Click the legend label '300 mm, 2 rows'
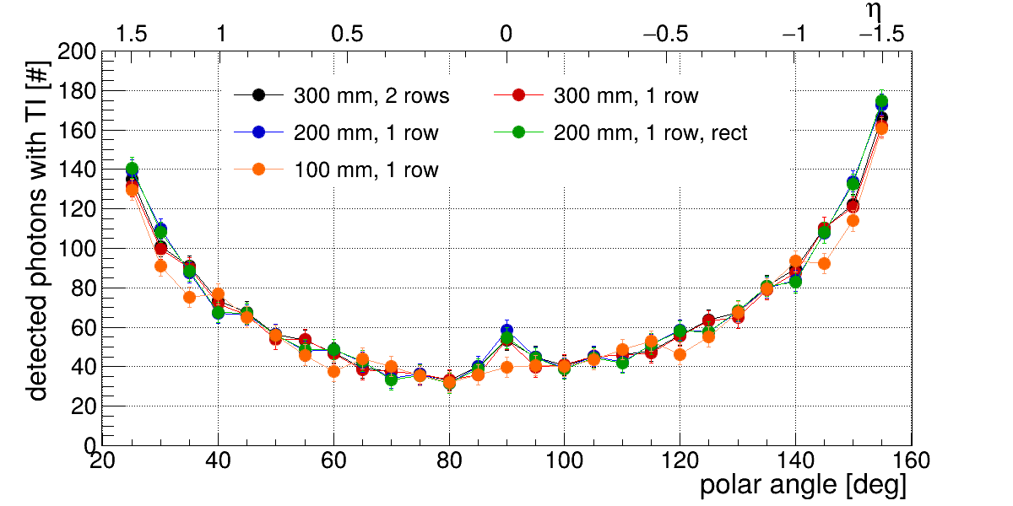pos(371,96)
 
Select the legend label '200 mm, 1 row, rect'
pos(650,133)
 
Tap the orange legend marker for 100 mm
pos(258,170)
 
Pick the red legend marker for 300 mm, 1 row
pos(519,96)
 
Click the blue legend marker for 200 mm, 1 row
pos(258,133)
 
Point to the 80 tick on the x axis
pos(449,460)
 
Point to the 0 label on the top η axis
pos(505,35)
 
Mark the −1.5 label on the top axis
pos(882,35)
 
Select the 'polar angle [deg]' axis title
pos(803,487)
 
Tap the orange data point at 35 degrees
pos(189,297)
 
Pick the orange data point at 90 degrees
pos(506,367)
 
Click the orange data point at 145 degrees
pos(824,264)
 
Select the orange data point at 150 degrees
pos(853,221)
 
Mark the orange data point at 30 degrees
pos(160,266)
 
